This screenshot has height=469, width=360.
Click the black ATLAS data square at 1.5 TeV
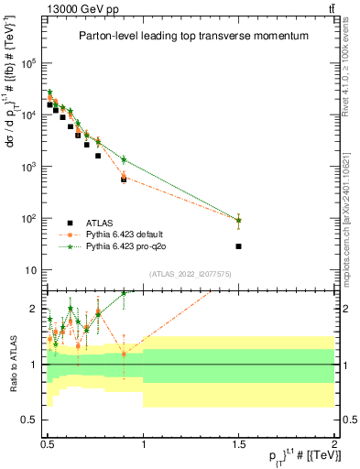click(239, 246)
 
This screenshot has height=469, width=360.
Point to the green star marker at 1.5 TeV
click(239, 220)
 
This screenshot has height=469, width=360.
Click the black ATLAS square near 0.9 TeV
click(124, 180)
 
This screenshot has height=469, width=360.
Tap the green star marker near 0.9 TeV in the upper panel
click(124, 159)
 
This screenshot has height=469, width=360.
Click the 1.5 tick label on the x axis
click(239, 442)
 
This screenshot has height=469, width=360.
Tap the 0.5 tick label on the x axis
click(48, 442)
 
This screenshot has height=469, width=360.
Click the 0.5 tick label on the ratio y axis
click(33, 420)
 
